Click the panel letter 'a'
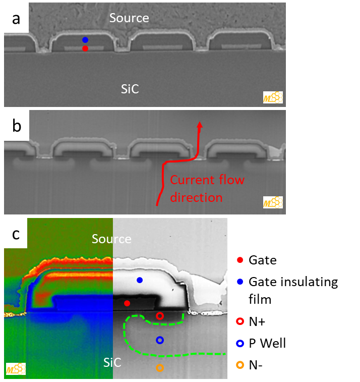[16, 19]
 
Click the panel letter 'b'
[17, 126]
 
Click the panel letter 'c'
[16, 234]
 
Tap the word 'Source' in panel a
[129, 18]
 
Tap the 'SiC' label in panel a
[130, 89]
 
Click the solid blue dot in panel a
[85, 40]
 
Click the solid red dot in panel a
[85, 48]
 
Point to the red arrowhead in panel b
[200, 124]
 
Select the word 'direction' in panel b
[196, 198]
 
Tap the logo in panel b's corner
[273, 202]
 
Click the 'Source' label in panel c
[111, 239]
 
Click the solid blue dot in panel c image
[140, 280]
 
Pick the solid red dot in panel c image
[127, 303]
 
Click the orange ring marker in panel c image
[160, 368]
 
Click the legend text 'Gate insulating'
[293, 283]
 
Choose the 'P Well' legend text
[267, 344]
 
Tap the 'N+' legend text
[257, 322]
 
